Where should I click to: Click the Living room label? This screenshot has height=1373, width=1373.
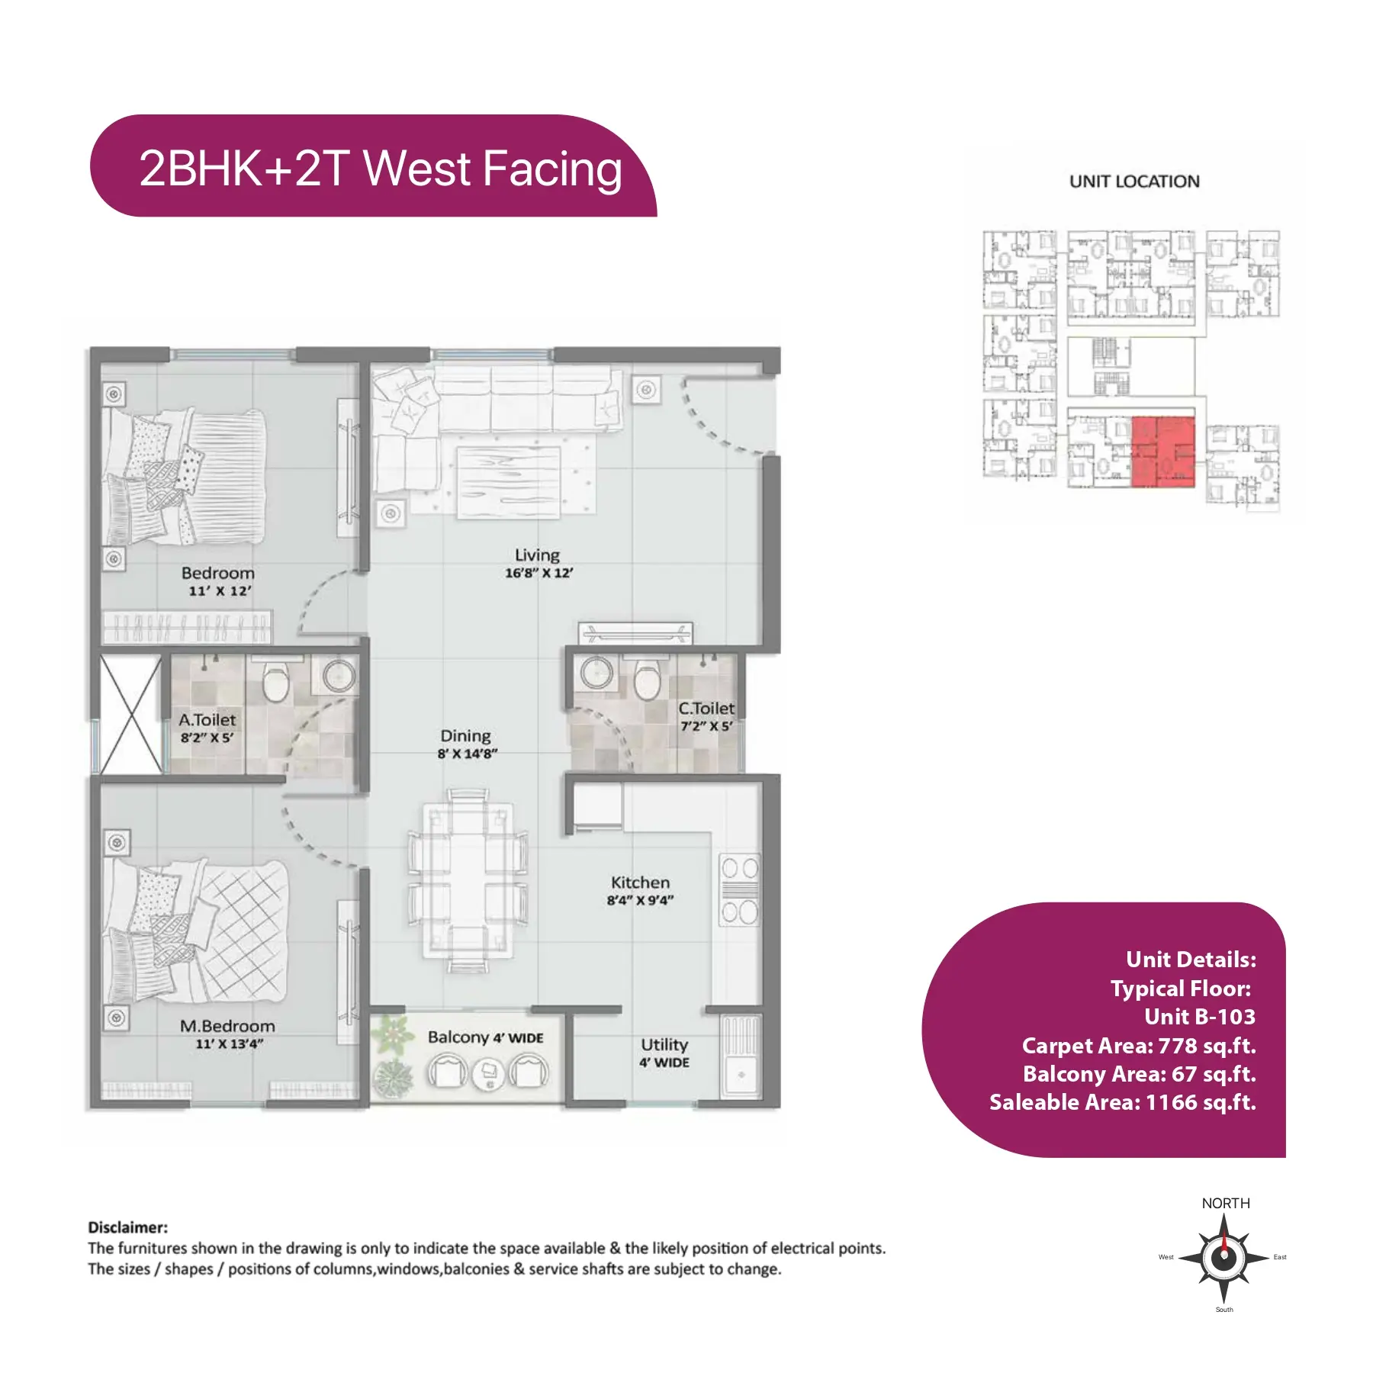pyautogui.click(x=537, y=555)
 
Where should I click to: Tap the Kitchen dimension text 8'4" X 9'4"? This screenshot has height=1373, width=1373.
pyautogui.click(x=640, y=900)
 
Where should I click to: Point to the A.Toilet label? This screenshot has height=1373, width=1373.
pyautogui.click(x=207, y=719)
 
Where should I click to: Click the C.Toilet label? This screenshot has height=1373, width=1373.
pyautogui.click(x=706, y=708)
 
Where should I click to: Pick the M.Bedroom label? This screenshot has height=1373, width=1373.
pyautogui.click(x=227, y=1026)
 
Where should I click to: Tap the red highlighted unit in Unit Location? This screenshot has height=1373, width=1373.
pyautogui.click(x=1162, y=451)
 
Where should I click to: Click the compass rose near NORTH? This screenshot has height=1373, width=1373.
pyautogui.click(x=1223, y=1257)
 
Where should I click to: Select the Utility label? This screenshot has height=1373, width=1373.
pyautogui.click(x=664, y=1044)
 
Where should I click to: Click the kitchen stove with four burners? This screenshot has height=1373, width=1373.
pyautogui.click(x=739, y=889)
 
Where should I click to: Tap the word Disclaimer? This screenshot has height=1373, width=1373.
pyautogui.click(x=127, y=1227)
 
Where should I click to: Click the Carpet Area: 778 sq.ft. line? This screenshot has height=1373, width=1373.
pyautogui.click(x=1139, y=1045)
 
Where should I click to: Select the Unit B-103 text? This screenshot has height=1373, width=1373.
pyautogui.click(x=1200, y=1016)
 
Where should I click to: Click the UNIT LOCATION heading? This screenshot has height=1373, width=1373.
pyautogui.click(x=1134, y=182)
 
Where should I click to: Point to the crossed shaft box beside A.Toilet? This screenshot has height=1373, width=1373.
pyautogui.click(x=130, y=715)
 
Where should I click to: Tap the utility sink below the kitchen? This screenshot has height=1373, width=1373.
pyautogui.click(x=741, y=1056)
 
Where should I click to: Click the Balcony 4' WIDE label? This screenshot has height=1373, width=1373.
pyautogui.click(x=485, y=1037)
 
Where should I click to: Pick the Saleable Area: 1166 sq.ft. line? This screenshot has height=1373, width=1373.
pyautogui.click(x=1123, y=1102)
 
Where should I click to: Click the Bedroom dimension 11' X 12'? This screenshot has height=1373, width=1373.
pyautogui.click(x=220, y=591)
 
